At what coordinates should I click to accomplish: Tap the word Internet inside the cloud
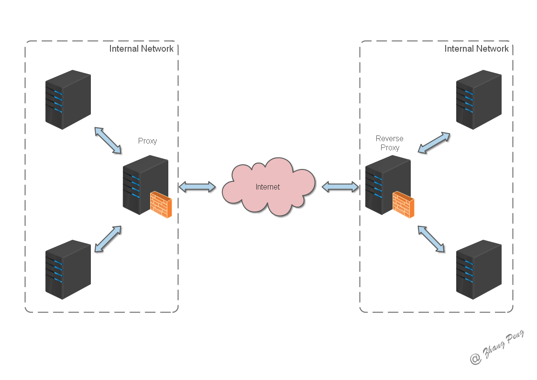tap(268, 187)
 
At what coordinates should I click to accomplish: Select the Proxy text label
tap(147, 141)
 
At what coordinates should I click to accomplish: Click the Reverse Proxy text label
tap(389, 143)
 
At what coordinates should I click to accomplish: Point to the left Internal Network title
tap(141, 48)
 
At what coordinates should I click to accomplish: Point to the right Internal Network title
tap(476, 48)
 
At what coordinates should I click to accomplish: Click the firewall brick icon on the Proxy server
tap(161, 204)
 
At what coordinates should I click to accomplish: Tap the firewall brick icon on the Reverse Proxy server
tap(404, 204)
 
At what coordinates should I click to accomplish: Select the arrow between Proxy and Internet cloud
tap(197, 187)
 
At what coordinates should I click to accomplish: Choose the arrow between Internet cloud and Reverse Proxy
tap(340, 187)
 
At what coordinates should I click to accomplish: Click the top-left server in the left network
tap(68, 99)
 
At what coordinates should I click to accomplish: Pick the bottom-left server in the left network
tap(68, 269)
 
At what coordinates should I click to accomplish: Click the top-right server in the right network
tap(478, 99)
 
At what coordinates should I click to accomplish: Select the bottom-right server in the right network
tap(478, 269)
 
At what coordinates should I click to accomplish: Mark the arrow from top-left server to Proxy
tap(108, 140)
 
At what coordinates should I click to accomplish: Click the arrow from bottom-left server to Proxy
tap(108, 239)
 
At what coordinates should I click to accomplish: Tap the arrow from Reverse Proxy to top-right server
tap(434, 143)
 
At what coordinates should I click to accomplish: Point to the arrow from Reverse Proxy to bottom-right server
tap(431, 238)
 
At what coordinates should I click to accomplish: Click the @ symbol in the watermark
tap(475, 358)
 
